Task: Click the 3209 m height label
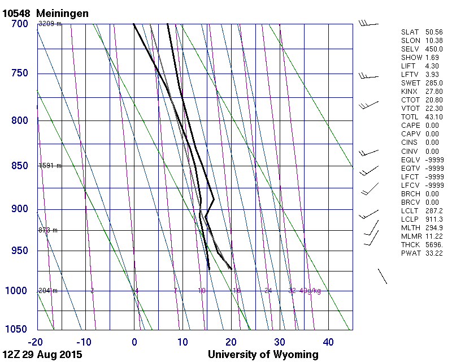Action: coord(50,24)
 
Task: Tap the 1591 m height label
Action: coord(50,166)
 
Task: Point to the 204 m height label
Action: coord(48,291)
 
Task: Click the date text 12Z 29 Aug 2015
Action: coord(42,355)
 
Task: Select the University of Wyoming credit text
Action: coord(263,355)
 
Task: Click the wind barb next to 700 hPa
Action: coord(368,24)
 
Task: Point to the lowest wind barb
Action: coord(382,276)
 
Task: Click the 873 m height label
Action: coord(48,230)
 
